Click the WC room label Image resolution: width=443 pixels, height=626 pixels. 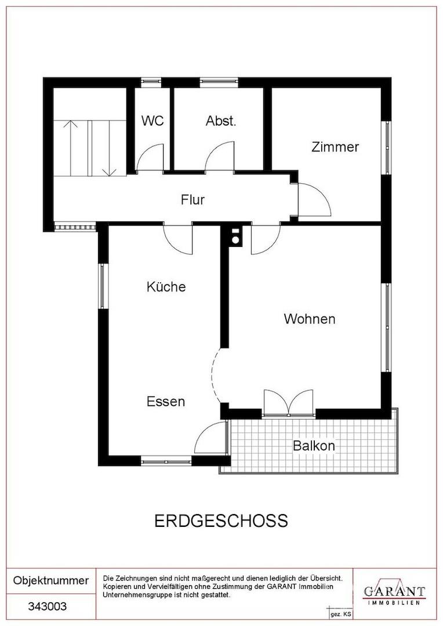tap(152, 121)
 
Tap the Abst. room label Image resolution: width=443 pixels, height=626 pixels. tap(221, 121)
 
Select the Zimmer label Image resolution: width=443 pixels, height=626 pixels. tap(335, 147)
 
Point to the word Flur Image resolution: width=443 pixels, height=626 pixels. tap(193, 200)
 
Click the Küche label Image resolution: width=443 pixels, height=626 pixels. tap(166, 286)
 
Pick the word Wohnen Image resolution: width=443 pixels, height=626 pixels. tap(310, 319)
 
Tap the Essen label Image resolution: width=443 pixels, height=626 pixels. tap(166, 401)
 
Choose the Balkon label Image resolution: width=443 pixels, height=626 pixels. tap(314, 446)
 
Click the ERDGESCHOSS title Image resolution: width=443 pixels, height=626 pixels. tap(221, 521)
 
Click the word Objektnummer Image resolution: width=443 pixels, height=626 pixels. tap(51, 580)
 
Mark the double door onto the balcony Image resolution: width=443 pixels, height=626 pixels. tap(288, 402)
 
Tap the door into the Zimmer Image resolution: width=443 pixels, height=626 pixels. tap(313, 201)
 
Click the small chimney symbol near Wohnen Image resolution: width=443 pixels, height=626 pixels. tap(236, 235)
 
